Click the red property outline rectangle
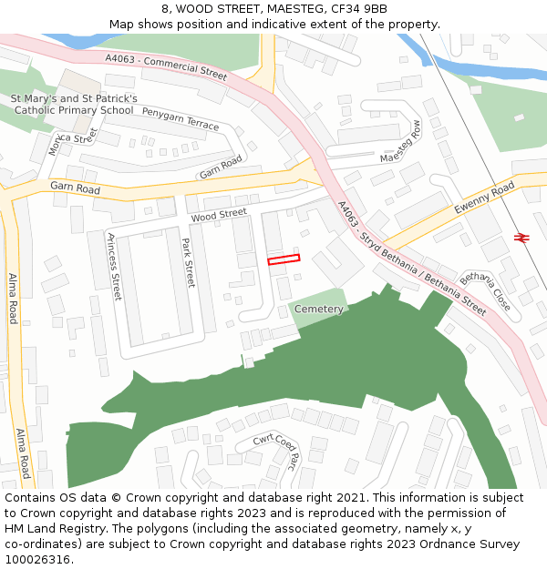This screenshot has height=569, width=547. [x=284, y=259]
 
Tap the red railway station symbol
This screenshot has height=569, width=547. [x=522, y=238]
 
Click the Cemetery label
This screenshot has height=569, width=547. [x=318, y=310]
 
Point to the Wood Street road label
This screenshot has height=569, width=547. [x=219, y=215]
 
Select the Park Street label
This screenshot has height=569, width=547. [x=188, y=263]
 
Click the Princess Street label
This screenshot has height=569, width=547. [x=114, y=267]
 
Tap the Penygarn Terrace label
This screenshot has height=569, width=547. [x=181, y=118]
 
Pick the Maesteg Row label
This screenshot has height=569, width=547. [x=402, y=142]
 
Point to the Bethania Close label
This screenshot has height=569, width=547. [x=486, y=291]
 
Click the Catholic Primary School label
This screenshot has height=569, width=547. [x=74, y=110]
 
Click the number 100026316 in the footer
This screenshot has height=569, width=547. [x=36, y=560]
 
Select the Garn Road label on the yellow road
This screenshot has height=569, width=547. [x=75, y=187]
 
